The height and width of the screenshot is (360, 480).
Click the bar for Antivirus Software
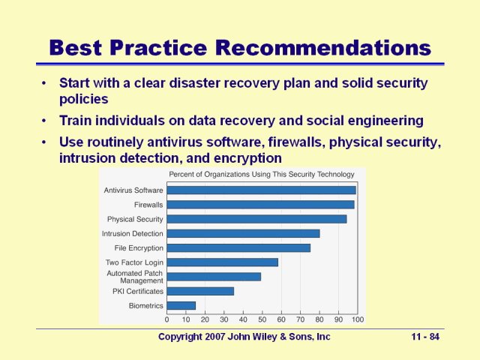261,190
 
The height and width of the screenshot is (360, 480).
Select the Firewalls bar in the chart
260,205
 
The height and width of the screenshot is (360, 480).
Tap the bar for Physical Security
256,219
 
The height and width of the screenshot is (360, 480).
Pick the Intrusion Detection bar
243,233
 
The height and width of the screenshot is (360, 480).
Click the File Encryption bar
238,247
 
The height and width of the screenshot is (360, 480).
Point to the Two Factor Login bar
222,262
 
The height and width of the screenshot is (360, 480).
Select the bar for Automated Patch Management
214,277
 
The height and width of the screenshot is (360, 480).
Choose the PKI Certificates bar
200,291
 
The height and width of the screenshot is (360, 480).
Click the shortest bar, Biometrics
181,305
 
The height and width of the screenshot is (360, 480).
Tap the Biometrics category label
146,306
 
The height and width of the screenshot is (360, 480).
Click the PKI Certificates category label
138,292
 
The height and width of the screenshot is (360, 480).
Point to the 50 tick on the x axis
262,319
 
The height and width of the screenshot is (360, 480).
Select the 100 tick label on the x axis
357,319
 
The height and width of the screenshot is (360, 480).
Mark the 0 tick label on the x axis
166,319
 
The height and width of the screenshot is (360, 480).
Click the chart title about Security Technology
262,175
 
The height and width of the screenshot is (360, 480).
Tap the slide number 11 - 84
425,337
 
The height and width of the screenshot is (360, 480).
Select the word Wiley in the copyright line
254,337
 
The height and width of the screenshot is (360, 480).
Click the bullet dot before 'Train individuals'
46,121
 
